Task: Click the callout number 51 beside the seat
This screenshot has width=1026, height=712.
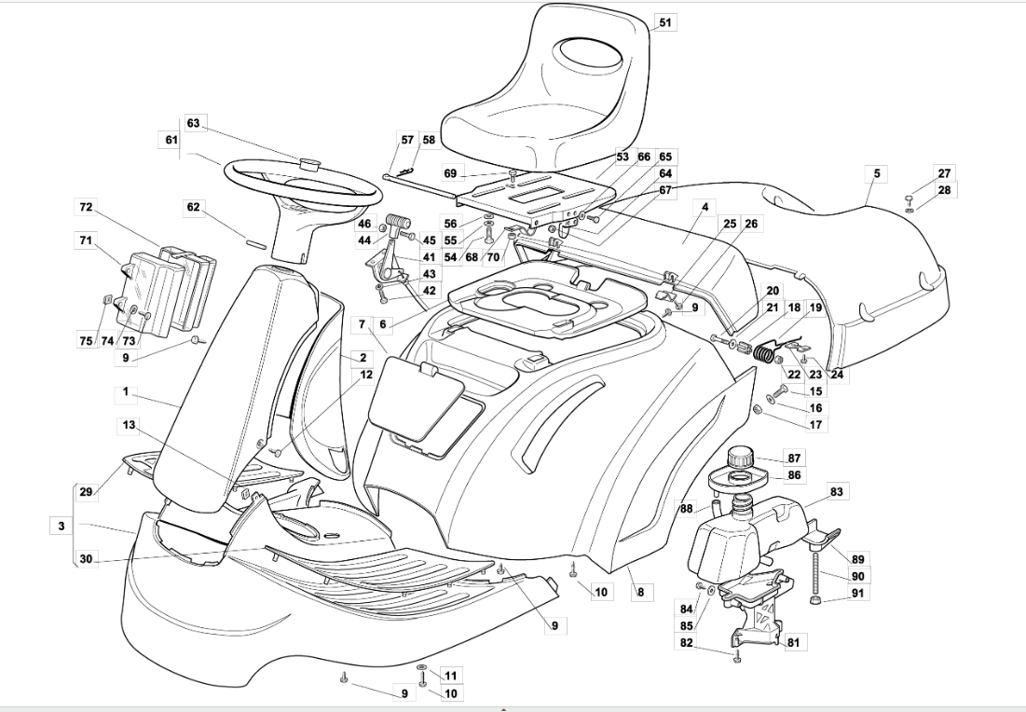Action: click(x=664, y=22)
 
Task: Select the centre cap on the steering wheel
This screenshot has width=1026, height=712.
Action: click(x=309, y=163)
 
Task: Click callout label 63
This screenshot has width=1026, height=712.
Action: click(x=193, y=124)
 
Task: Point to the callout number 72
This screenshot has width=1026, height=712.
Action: click(x=87, y=208)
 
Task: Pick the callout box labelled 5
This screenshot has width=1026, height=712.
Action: click(x=877, y=173)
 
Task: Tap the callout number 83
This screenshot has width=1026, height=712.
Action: click(x=836, y=491)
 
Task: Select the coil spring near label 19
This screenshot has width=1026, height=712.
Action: click(x=763, y=352)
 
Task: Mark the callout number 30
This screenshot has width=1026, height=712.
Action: click(x=87, y=559)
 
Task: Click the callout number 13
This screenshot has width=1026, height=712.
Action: click(x=129, y=425)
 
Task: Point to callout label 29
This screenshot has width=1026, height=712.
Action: click(x=87, y=492)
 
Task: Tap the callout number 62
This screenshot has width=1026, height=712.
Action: click(x=193, y=208)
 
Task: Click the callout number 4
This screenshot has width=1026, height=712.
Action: click(x=705, y=208)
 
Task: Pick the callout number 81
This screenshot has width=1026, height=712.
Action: click(x=794, y=643)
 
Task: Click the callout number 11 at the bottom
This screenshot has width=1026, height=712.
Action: click(x=451, y=676)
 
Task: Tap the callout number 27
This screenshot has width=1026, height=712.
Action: click(x=944, y=173)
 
